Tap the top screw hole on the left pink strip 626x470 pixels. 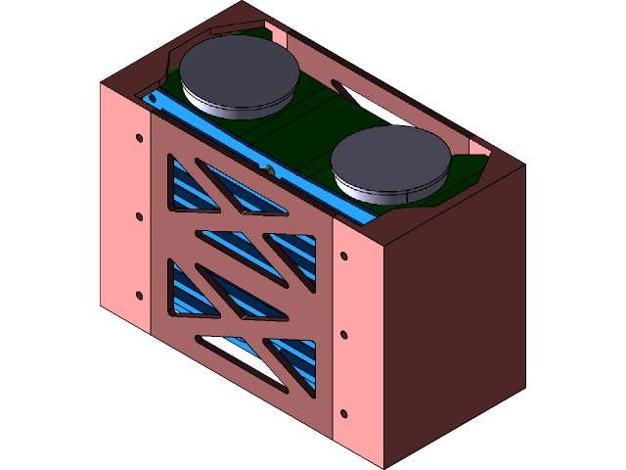138,137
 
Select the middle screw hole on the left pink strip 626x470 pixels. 139,216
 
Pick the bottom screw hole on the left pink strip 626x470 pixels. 139,295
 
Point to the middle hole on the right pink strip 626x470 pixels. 343,335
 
